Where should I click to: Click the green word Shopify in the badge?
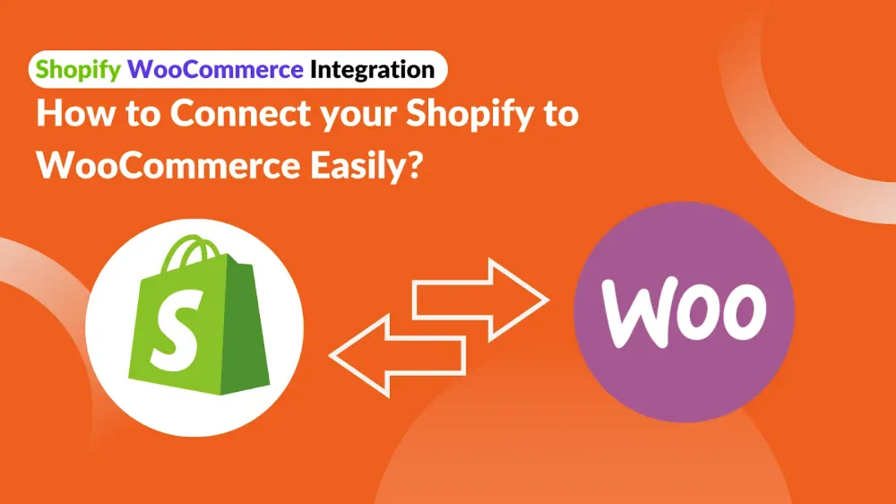pos(78,70)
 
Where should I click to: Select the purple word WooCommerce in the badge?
pos(215,69)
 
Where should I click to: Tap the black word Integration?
pos(373,70)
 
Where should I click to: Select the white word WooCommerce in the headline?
pos(168,165)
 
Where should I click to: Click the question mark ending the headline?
pos(416,165)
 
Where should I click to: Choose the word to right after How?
pos(142,115)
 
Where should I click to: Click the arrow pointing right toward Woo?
pos(480,300)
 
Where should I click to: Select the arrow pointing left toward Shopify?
pos(398,355)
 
